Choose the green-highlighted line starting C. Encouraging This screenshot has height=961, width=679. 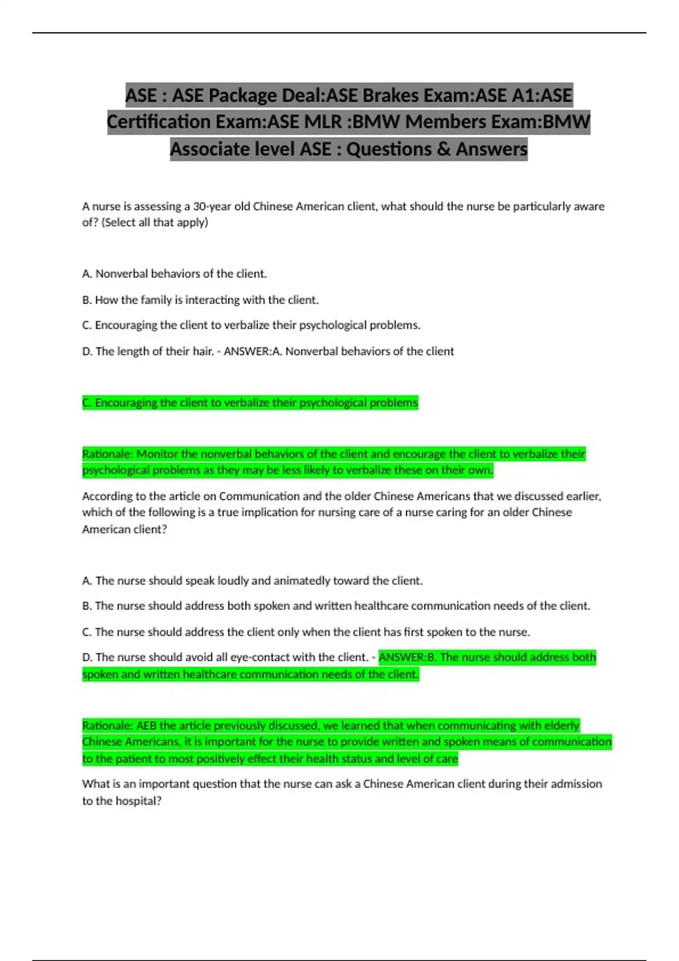click(x=250, y=403)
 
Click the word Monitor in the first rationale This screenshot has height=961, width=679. click(x=157, y=454)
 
